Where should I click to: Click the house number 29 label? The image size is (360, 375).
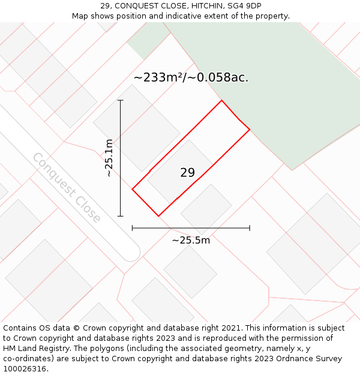[187, 173]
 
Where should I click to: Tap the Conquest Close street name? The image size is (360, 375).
[67, 187]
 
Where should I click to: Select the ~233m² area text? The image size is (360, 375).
[160, 77]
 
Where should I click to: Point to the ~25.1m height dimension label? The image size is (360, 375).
[109, 158]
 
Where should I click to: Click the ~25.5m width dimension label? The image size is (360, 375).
[191, 240]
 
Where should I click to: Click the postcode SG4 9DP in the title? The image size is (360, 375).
[245, 6]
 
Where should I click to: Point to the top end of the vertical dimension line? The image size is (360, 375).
[121, 100]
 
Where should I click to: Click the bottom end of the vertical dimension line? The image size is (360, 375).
[121, 216]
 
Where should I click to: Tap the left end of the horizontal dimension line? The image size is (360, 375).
[133, 228]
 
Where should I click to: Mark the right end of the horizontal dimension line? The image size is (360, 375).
[250, 228]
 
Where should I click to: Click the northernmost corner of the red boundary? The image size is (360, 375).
[221, 100]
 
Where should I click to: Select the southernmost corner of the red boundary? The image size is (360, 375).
[158, 216]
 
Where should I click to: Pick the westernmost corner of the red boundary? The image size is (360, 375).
[133, 190]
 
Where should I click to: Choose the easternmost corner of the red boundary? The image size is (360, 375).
[250, 129]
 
